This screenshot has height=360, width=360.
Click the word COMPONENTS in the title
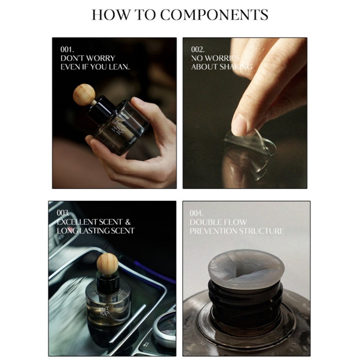click(214, 15)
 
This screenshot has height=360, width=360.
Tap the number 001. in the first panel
click(67, 49)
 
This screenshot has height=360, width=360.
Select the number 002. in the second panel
click(198, 49)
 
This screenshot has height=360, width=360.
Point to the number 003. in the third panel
click(63, 213)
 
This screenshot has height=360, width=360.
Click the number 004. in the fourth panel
click(197, 213)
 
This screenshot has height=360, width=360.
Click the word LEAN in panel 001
click(119, 67)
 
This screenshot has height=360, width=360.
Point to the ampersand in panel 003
click(128, 222)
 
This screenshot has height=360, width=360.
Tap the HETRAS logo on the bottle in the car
click(105, 311)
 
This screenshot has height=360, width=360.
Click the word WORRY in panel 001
click(101, 58)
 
